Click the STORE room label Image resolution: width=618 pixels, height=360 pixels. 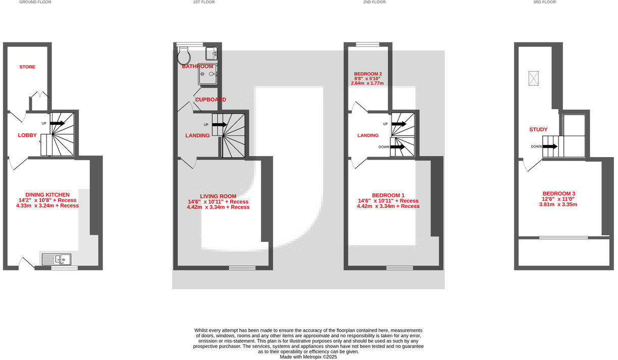point(27,67)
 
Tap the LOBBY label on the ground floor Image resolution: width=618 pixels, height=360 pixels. point(27,135)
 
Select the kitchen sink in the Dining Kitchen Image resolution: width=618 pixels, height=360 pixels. point(56,260)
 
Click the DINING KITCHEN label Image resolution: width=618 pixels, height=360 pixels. point(47,194)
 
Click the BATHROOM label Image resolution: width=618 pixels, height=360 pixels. point(197,66)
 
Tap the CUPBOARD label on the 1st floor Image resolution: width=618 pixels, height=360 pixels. point(211,99)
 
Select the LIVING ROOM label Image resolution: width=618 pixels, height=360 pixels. point(218,196)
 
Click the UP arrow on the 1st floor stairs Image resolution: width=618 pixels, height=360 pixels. point(219,124)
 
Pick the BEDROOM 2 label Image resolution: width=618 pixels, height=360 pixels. point(368,74)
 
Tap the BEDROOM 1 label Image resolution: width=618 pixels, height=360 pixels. point(388,195)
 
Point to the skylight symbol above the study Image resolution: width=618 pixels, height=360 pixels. point(534,78)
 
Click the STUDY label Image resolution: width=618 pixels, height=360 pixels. point(538,129)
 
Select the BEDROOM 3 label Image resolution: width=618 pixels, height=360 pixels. point(559,193)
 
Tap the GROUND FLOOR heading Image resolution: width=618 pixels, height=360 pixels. point(35,2)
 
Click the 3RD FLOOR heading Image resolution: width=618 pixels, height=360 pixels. point(544,2)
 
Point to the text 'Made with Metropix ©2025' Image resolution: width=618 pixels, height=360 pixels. point(308,356)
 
